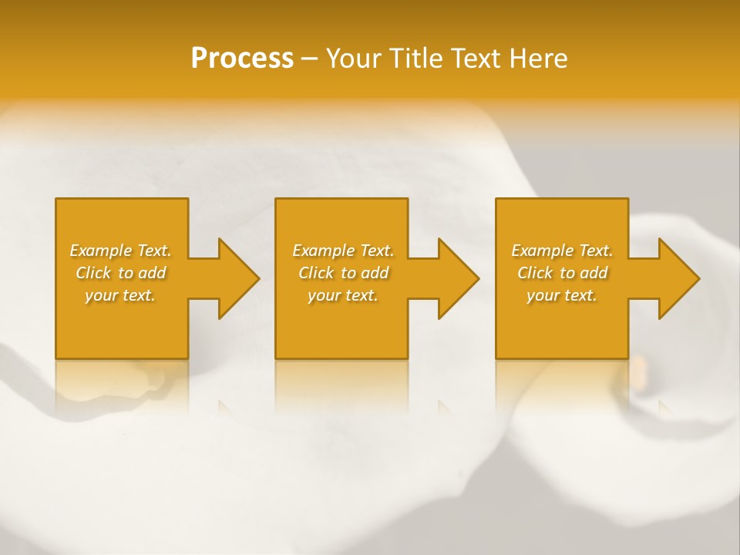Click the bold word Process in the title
tap(242, 59)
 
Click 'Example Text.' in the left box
tap(121, 251)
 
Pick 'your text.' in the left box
tap(121, 295)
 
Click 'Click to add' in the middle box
tap(343, 273)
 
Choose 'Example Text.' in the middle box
tap(343, 251)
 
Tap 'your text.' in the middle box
tap(343, 295)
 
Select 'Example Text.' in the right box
tap(562, 251)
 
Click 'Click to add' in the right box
tap(562, 273)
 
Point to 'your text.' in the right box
tap(562, 295)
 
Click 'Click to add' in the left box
tap(121, 273)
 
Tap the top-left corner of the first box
tap(56, 200)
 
